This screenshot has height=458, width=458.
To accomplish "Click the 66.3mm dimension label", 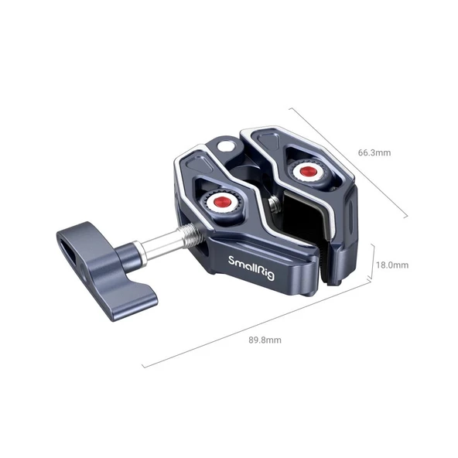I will [x=374, y=152].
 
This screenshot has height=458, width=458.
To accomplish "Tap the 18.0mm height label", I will [x=391, y=265].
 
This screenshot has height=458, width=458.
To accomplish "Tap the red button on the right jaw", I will [x=307, y=171].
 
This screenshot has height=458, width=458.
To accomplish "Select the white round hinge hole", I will [x=225, y=145].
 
